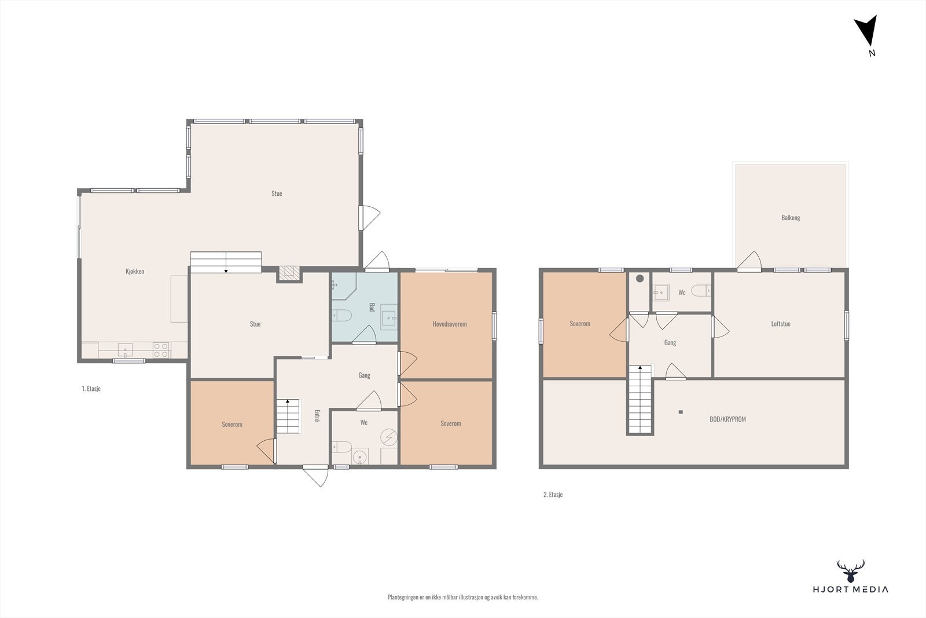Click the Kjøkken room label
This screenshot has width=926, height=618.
tap(135, 272)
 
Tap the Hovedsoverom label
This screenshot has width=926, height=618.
tap(450, 324)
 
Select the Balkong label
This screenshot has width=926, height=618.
tap(791, 218)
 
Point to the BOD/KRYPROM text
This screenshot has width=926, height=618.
tap(727, 419)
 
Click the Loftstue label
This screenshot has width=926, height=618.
tap(781, 324)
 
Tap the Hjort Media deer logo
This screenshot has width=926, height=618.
tap(851, 571)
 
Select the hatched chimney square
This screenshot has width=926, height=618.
tap(289, 272)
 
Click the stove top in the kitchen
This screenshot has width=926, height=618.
tap(161, 350)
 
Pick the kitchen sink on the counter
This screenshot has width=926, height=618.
tap(125, 350)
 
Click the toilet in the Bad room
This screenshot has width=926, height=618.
tap(341, 316)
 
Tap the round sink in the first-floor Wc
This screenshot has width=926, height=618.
tap(360, 457)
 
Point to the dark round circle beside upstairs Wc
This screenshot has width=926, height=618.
tap(640, 279)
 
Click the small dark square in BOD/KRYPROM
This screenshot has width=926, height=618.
tap(681, 412)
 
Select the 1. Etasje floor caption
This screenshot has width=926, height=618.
tap(91, 389)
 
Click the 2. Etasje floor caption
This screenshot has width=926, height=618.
tap(553, 494)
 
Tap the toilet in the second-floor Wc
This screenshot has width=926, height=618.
tap(701, 290)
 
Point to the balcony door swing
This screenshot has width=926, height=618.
tap(749, 261)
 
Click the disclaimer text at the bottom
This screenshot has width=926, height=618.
tap(463, 597)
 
